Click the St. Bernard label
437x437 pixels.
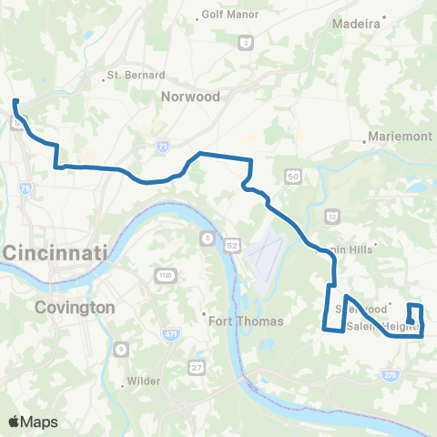[136, 75]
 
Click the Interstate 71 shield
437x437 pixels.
[162, 146]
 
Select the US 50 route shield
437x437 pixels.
[292, 175]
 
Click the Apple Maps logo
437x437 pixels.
[33, 422]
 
